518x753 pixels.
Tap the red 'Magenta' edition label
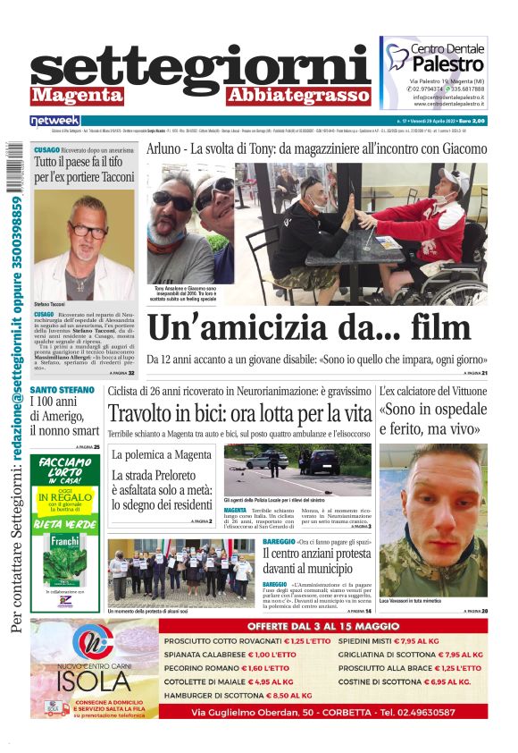70,95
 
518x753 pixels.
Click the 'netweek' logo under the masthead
54,120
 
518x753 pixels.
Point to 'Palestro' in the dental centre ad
447,64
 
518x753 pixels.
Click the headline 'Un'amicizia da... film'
308,327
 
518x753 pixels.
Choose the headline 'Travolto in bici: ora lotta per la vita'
239,414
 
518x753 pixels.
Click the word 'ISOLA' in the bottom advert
95,681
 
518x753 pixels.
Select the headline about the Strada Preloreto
161,491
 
